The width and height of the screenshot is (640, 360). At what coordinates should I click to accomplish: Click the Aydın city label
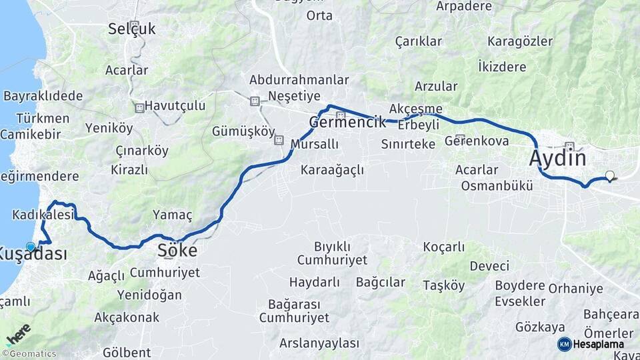tap(558, 159)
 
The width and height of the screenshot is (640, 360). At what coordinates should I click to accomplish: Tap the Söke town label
tap(177, 251)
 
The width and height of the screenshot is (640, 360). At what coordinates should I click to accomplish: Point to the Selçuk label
tap(132, 29)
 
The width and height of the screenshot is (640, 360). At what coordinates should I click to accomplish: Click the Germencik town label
tap(347, 123)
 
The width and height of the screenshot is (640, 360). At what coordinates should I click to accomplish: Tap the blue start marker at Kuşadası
tap(31, 247)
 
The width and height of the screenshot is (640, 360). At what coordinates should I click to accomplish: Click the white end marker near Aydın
tap(609, 176)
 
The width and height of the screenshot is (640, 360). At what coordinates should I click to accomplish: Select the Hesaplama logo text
tap(598, 344)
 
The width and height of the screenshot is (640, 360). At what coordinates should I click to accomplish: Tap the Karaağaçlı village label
tap(332, 170)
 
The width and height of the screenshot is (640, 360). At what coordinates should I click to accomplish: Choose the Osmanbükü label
tap(497, 186)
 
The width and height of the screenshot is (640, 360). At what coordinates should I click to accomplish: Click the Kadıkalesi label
tap(42, 215)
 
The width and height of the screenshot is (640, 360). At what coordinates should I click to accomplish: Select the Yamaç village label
tap(173, 215)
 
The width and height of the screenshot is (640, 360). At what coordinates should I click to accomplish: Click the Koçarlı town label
tap(444, 247)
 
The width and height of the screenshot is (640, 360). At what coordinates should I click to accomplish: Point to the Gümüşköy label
tap(243, 131)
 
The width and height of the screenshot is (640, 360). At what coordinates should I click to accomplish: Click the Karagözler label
tap(520, 41)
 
